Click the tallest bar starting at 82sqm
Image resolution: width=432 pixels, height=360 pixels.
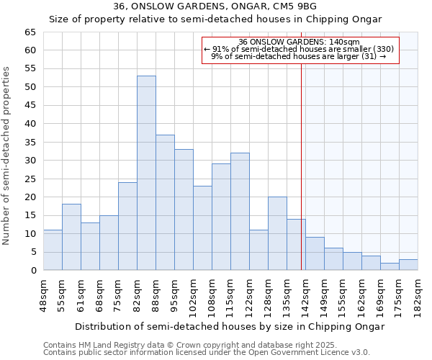point(146,173)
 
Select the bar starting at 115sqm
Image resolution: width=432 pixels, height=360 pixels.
point(240,212)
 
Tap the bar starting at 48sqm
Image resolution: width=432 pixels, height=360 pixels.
point(53,250)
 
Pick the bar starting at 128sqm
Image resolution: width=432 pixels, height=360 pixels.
point(277,233)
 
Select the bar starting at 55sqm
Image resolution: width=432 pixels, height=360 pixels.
point(71,237)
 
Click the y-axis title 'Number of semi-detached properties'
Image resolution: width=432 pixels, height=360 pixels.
point(6,156)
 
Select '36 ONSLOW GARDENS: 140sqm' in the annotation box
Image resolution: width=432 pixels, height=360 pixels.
point(299,42)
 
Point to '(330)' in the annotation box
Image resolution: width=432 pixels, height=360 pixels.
point(381,49)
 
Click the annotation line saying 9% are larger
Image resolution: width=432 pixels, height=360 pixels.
point(299,56)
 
